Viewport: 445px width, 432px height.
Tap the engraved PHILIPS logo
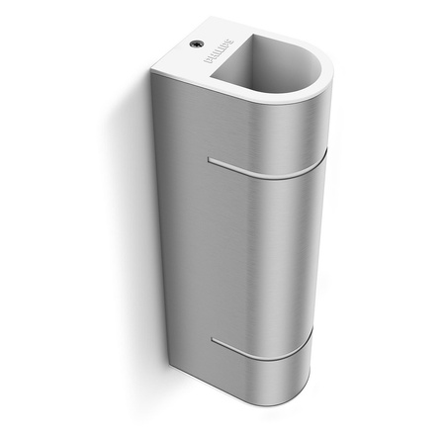215,56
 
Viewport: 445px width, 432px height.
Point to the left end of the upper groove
210,157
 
